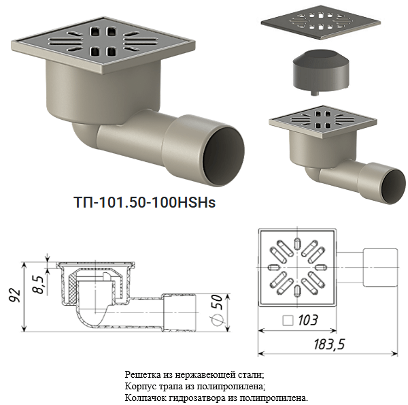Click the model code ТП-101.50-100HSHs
(x=145, y=202)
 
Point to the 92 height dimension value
(x=14, y=295)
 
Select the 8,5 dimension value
(x=39, y=285)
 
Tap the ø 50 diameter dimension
(x=218, y=310)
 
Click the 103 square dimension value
(x=308, y=320)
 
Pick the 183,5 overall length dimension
(x=329, y=344)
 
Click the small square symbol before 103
(x=288, y=321)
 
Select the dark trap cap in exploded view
(x=321, y=70)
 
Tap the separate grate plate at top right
(x=321, y=22)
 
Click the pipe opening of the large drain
(x=223, y=155)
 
